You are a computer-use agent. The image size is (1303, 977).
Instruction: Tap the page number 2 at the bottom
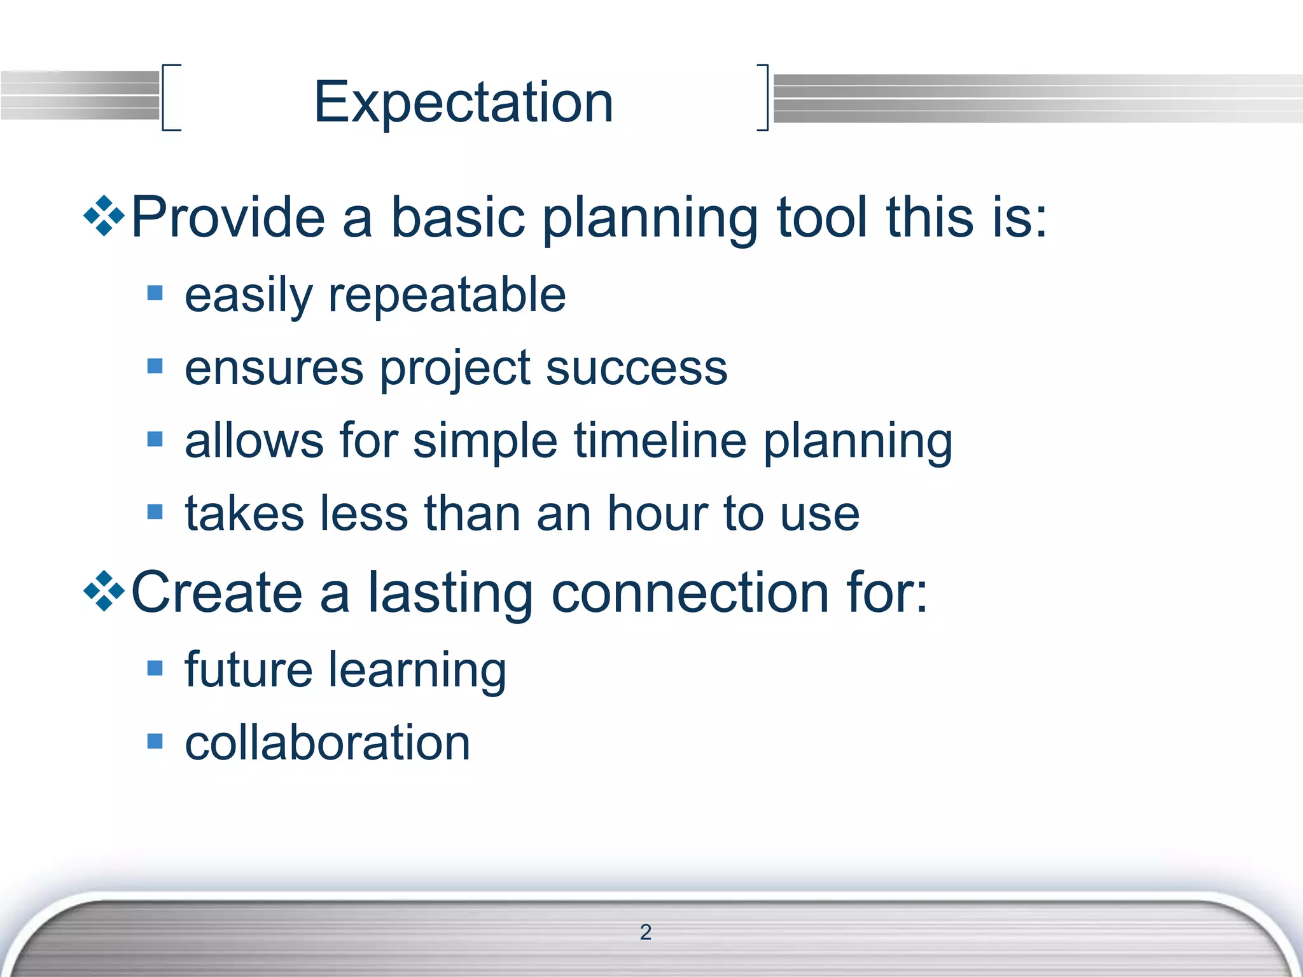[645, 932]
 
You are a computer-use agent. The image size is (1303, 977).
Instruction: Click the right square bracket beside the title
[763, 97]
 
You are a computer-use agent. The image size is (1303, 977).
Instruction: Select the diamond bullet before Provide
[104, 216]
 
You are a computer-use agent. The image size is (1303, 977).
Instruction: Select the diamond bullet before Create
[104, 592]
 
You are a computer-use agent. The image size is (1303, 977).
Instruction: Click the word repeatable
[447, 295]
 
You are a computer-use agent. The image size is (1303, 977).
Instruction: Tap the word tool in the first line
[822, 217]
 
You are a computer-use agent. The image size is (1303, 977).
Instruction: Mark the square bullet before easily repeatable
[155, 293]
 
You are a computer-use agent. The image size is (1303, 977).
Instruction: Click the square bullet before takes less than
[155, 512]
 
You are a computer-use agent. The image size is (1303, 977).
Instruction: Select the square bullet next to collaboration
[155, 741]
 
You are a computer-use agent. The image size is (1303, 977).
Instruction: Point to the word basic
[457, 217]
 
